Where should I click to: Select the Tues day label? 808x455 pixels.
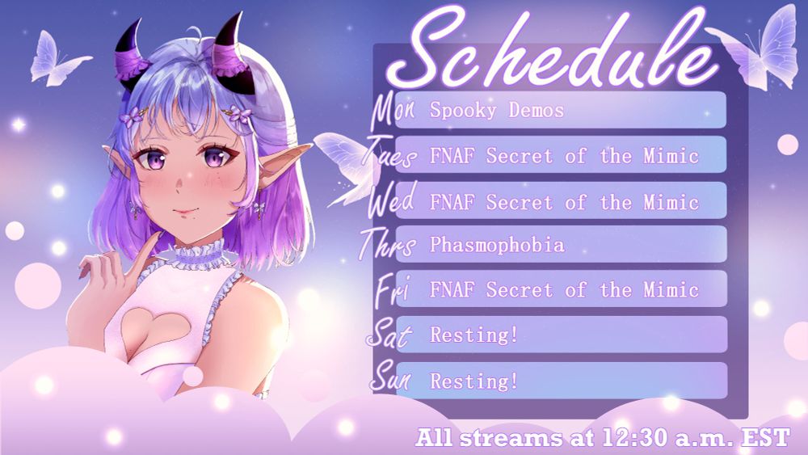click(x=390, y=154)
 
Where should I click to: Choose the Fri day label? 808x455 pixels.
click(x=393, y=289)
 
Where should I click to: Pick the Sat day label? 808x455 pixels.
click(x=389, y=334)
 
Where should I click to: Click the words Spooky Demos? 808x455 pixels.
click(x=497, y=111)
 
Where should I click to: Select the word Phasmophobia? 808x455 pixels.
click(x=497, y=245)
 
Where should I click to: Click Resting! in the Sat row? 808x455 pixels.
click(x=474, y=335)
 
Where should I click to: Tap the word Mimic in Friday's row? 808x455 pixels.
click(x=671, y=289)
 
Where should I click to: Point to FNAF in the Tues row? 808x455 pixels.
click(x=452, y=156)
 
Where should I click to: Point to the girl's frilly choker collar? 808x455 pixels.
click(x=198, y=255)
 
